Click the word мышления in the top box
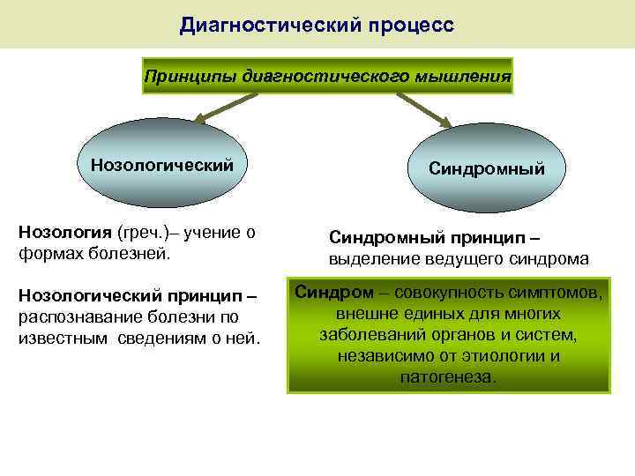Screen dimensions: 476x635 coord(467,77)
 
